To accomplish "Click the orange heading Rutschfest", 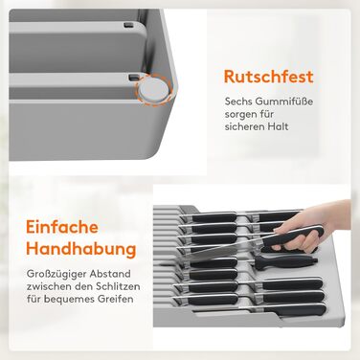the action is click(269, 77).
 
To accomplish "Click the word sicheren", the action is click(243, 126).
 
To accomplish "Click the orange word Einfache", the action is click(62, 227).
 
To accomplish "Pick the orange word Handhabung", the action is click(81, 249).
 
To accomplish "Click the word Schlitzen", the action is click(118, 286).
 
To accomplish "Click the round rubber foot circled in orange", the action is click(154, 88).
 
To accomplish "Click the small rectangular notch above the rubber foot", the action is click(133, 77).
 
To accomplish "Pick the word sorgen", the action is click(240, 115).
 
